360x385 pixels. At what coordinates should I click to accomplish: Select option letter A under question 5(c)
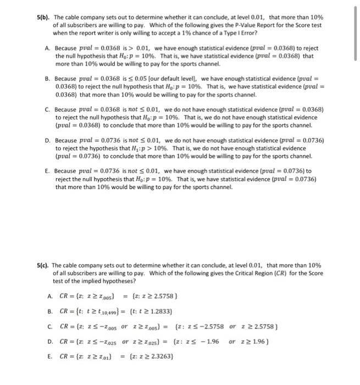49,295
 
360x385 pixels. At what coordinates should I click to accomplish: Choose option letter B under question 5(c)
49,311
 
